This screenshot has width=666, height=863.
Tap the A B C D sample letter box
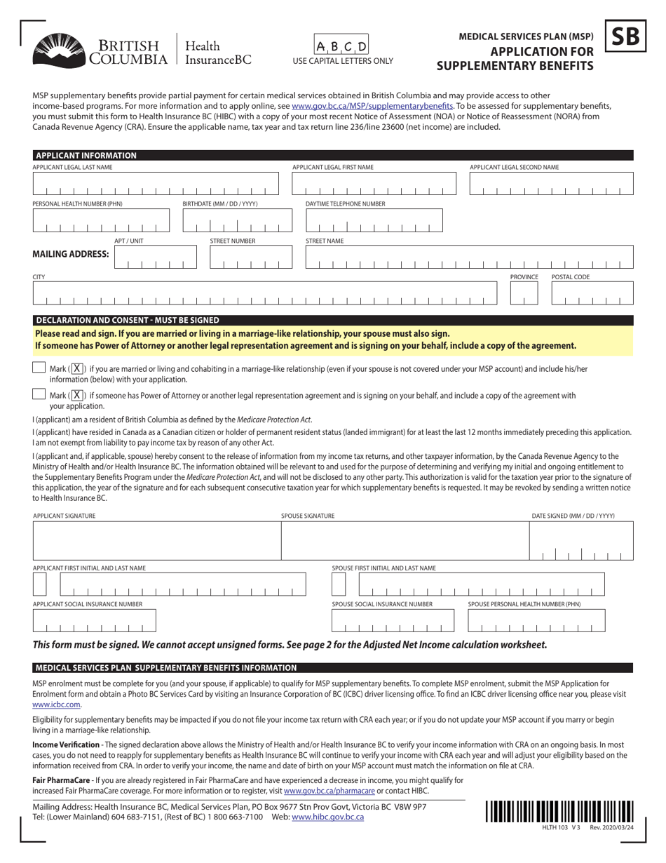point(341,46)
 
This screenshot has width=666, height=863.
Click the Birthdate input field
point(236,220)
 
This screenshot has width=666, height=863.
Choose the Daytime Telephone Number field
point(374,220)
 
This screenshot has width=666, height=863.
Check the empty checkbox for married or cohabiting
point(39,368)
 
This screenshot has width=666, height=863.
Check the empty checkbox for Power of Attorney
point(39,395)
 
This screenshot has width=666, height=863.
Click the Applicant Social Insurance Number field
point(95,621)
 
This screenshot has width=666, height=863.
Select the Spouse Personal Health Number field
point(536,621)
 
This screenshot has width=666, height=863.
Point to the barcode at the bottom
point(558,811)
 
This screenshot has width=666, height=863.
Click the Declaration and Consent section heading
point(127,320)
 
